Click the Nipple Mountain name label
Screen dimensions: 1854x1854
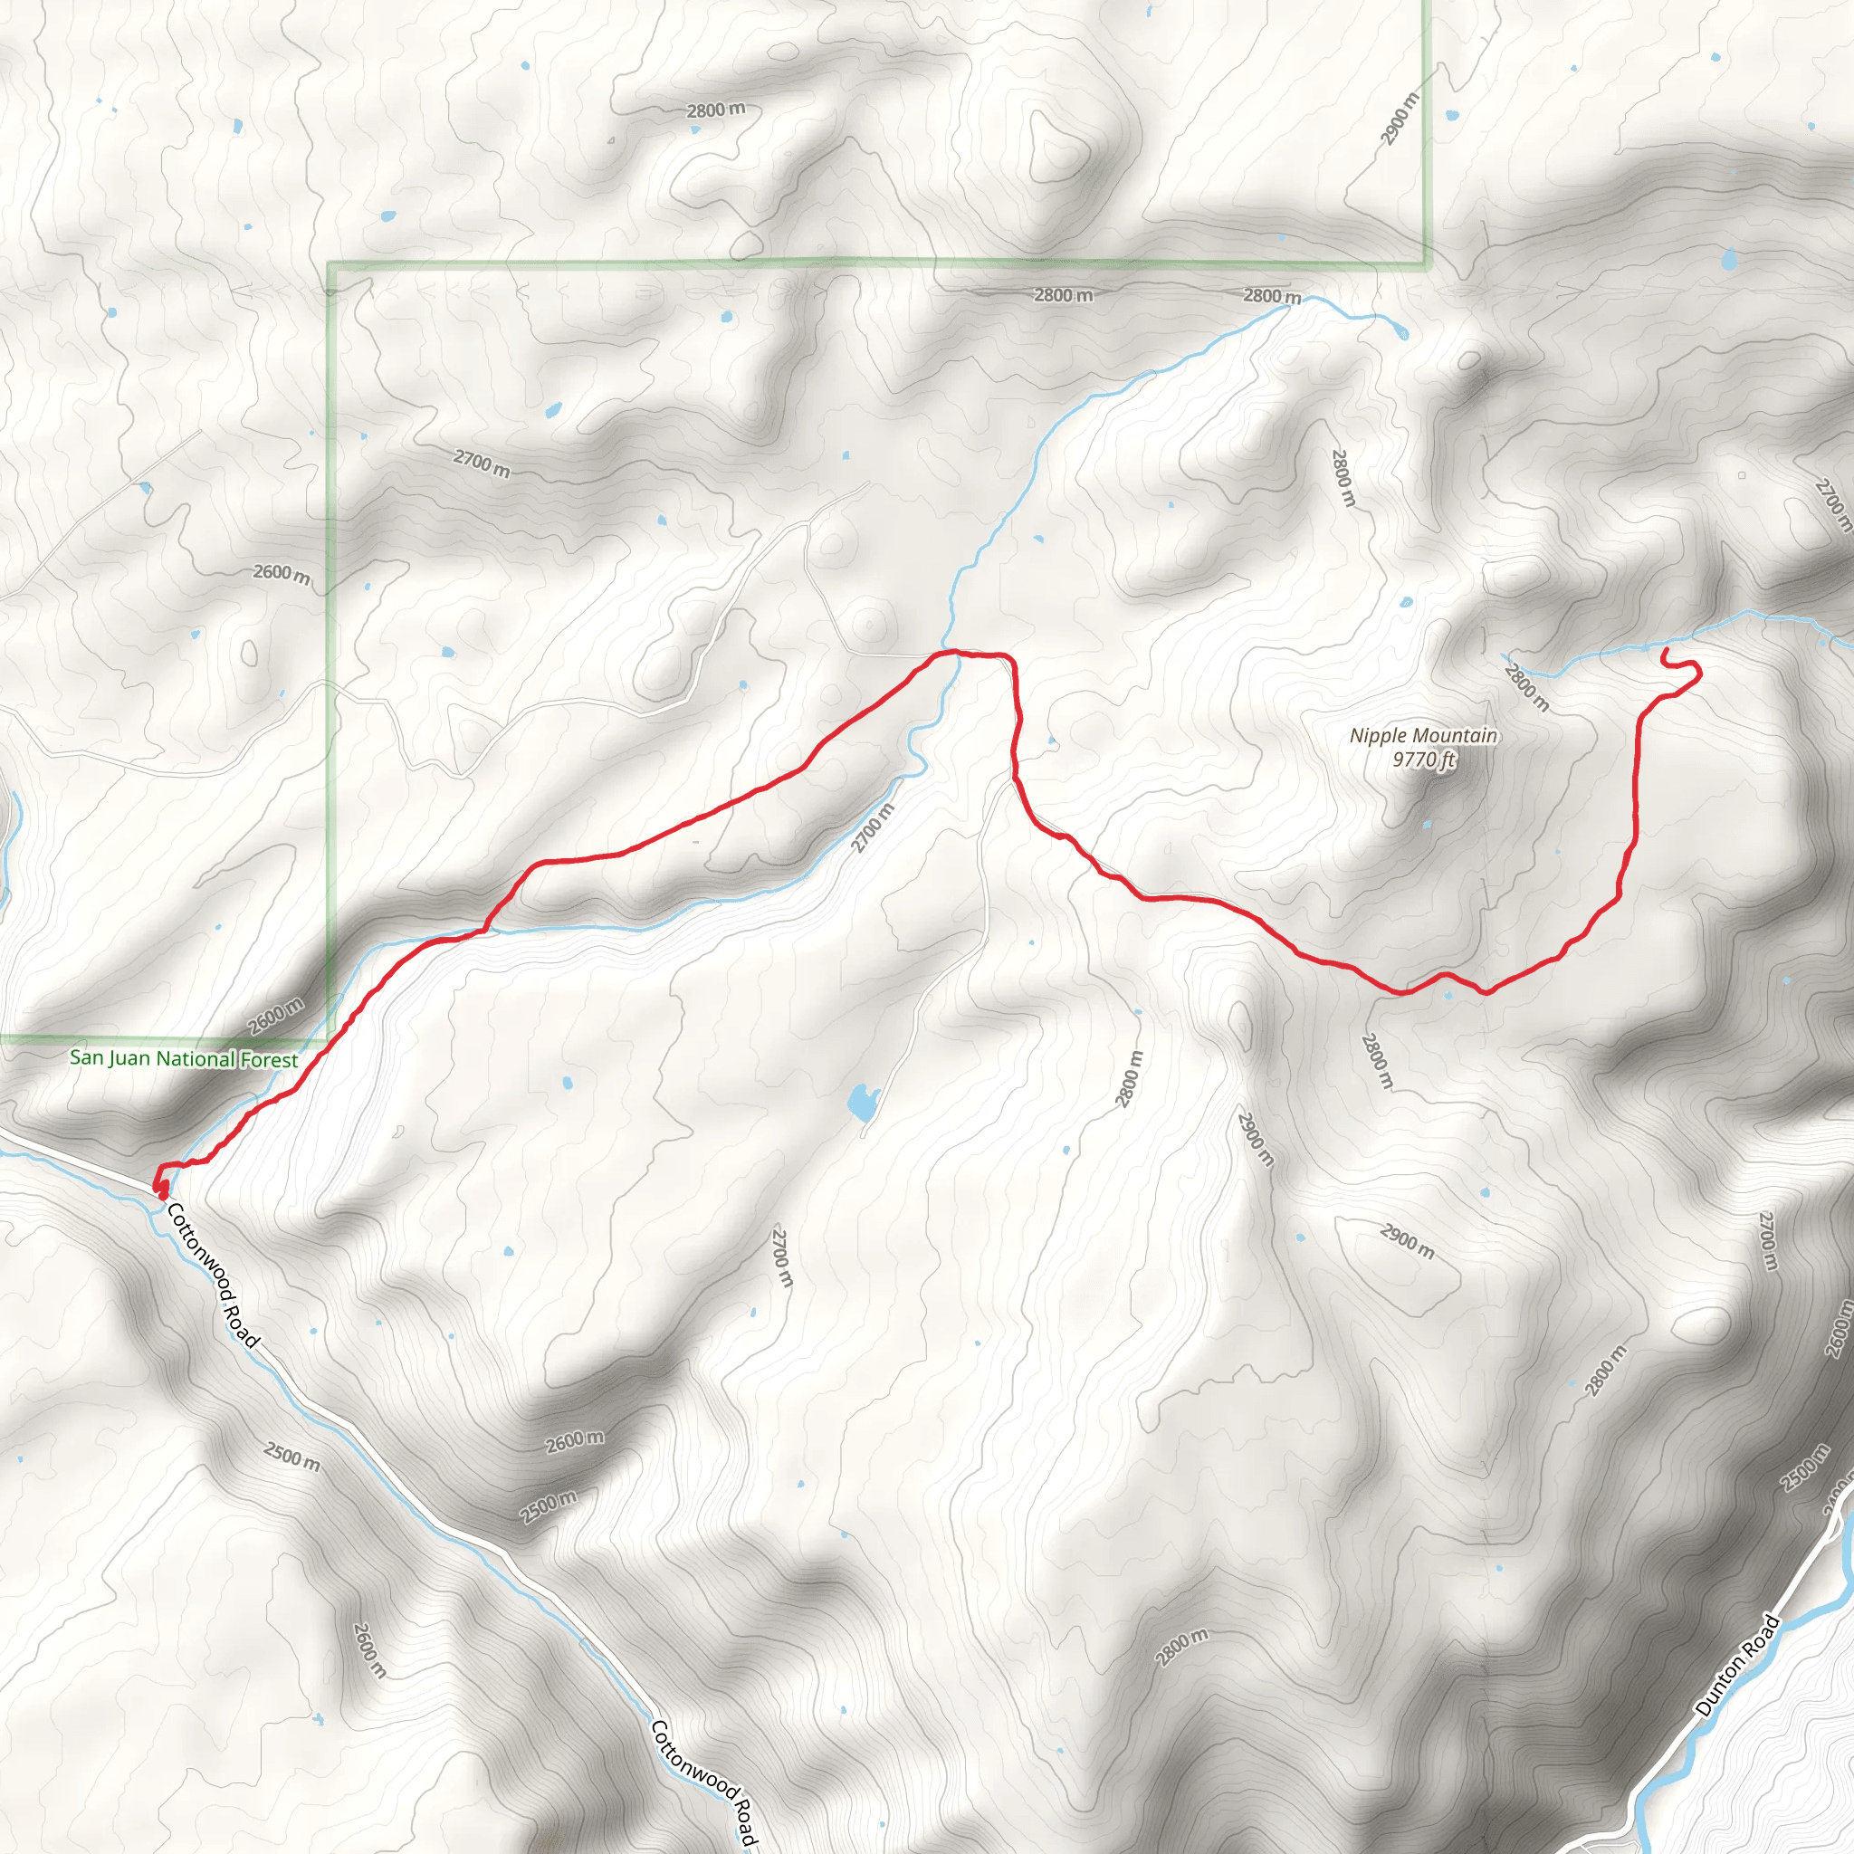[x=1423, y=736]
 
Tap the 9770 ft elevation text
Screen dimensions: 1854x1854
[x=1424, y=760]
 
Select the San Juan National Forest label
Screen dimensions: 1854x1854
[x=183, y=1059]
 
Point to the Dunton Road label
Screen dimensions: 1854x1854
[x=1737, y=1666]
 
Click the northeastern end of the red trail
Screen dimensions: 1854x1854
[x=1663, y=652]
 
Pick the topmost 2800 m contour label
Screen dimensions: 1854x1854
[x=715, y=110]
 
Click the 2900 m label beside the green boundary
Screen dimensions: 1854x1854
[x=1400, y=118]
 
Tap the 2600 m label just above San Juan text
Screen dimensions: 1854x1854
[x=276, y=1016]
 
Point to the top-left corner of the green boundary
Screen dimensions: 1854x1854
[x=331, y=265]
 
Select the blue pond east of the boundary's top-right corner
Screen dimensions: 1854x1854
[x=1729, y=259]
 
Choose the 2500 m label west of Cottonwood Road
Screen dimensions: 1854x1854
[x=291, y=1457]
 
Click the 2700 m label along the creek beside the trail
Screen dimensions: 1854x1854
[x=873, y=827]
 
